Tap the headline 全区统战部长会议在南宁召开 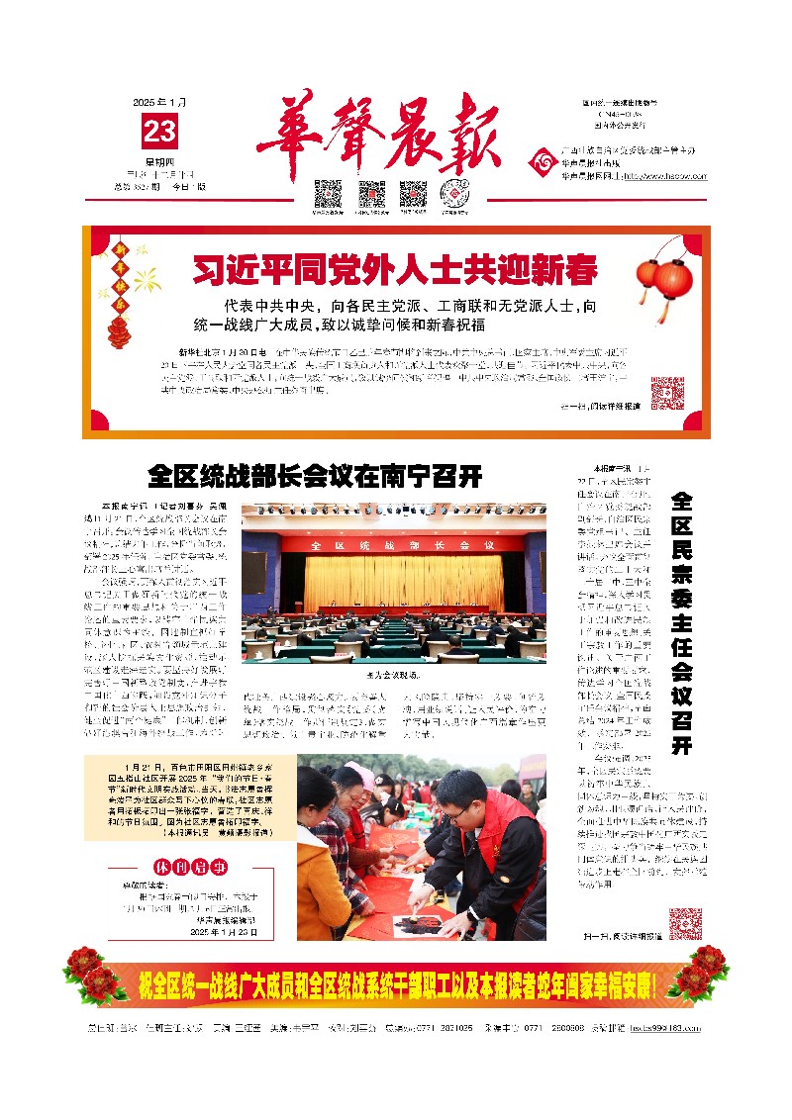coord(315,476)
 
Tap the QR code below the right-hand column coord(685,923)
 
